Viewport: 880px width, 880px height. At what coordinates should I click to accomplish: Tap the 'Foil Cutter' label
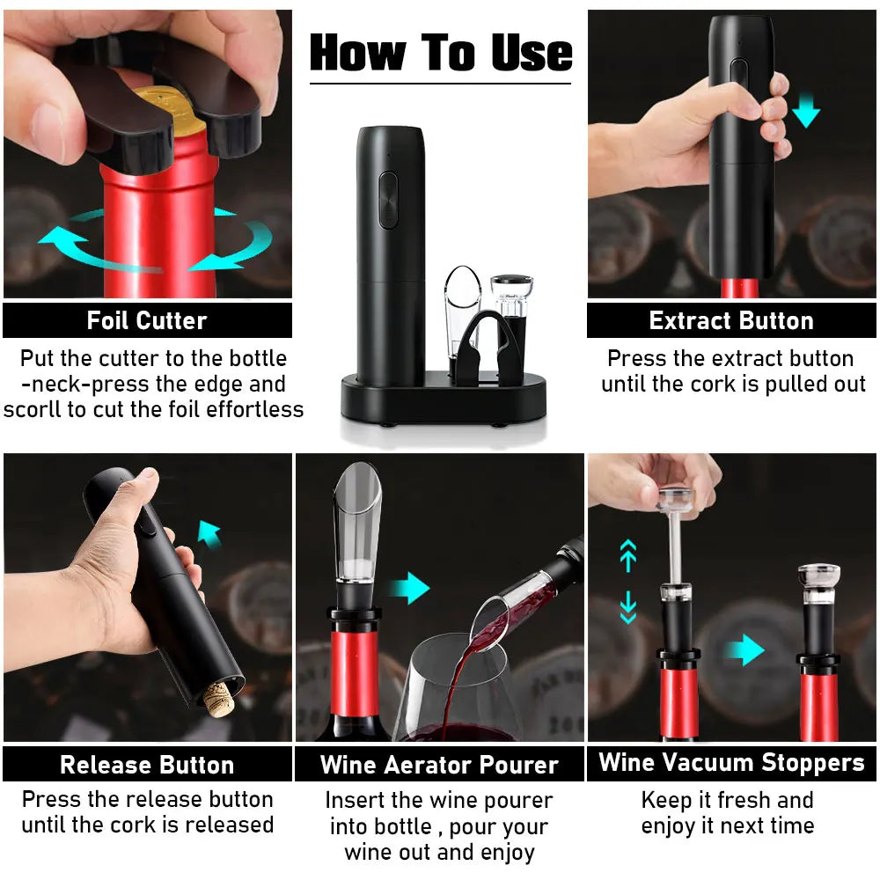[146, 320]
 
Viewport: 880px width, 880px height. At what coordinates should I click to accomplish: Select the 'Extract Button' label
[731, 320]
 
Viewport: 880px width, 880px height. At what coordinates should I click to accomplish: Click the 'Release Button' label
[146, 764]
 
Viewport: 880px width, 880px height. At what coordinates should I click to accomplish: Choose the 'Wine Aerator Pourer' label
[439, 764]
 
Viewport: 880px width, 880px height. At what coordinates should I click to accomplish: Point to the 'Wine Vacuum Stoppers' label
[731, 762]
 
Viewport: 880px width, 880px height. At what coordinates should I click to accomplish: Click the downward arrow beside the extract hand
[805, 113]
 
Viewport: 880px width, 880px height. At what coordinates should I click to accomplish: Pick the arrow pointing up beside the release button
[209, 532]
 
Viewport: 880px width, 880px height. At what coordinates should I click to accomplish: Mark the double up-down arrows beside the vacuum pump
[627, 582]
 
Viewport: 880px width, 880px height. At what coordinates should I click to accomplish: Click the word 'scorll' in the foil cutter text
[34, 409]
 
